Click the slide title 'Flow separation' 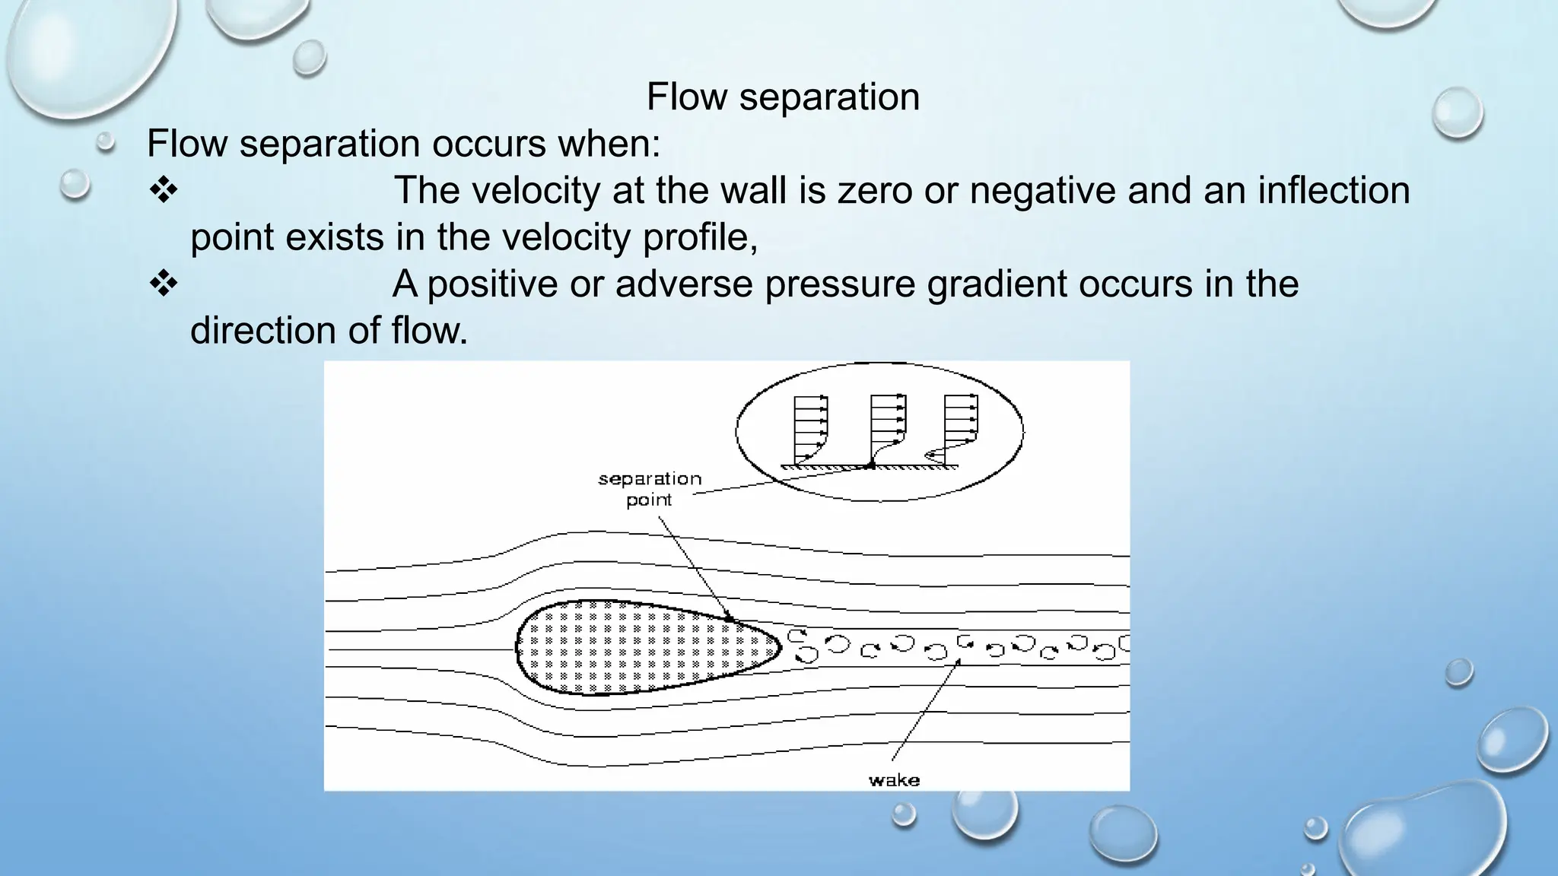[783, 97]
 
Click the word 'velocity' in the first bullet [536, 190]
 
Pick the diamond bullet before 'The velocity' [163, 190]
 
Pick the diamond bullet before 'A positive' [163, 284]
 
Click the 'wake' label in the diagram [894, 780]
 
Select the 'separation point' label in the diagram [649, 489]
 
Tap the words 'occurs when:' [547, 144]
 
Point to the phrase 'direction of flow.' [329, 331]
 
